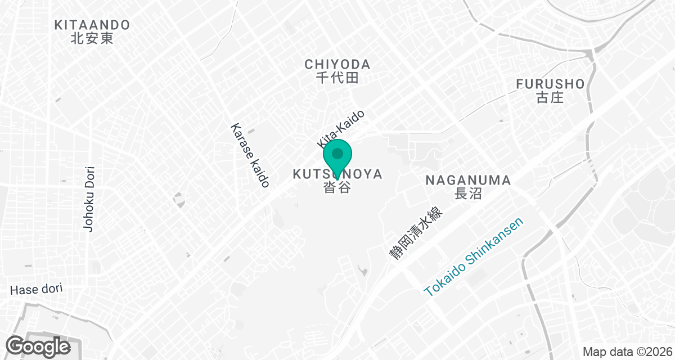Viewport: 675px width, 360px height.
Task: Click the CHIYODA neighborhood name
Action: click(337, 64)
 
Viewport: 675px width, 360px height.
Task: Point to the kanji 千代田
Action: click(337, 78)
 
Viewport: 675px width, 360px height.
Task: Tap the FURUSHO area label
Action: click(550, 84)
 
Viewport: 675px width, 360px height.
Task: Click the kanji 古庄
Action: click(550, 98)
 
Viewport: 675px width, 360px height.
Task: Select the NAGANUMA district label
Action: click(468, 181)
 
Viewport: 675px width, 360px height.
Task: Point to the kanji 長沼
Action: click(468, 194)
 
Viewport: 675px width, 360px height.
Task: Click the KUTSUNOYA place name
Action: click(337, 174)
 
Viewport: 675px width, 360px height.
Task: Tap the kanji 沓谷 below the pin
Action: click(337, 188)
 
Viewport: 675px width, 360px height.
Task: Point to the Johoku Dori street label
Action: click(88, 198)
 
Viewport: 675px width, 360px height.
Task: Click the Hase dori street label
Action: click(36, 289)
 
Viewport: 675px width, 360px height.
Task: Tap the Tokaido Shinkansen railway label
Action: click(474, 257)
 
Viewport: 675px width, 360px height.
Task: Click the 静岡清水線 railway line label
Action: click(417, 233)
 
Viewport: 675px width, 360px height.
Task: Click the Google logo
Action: click(38, 345)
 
